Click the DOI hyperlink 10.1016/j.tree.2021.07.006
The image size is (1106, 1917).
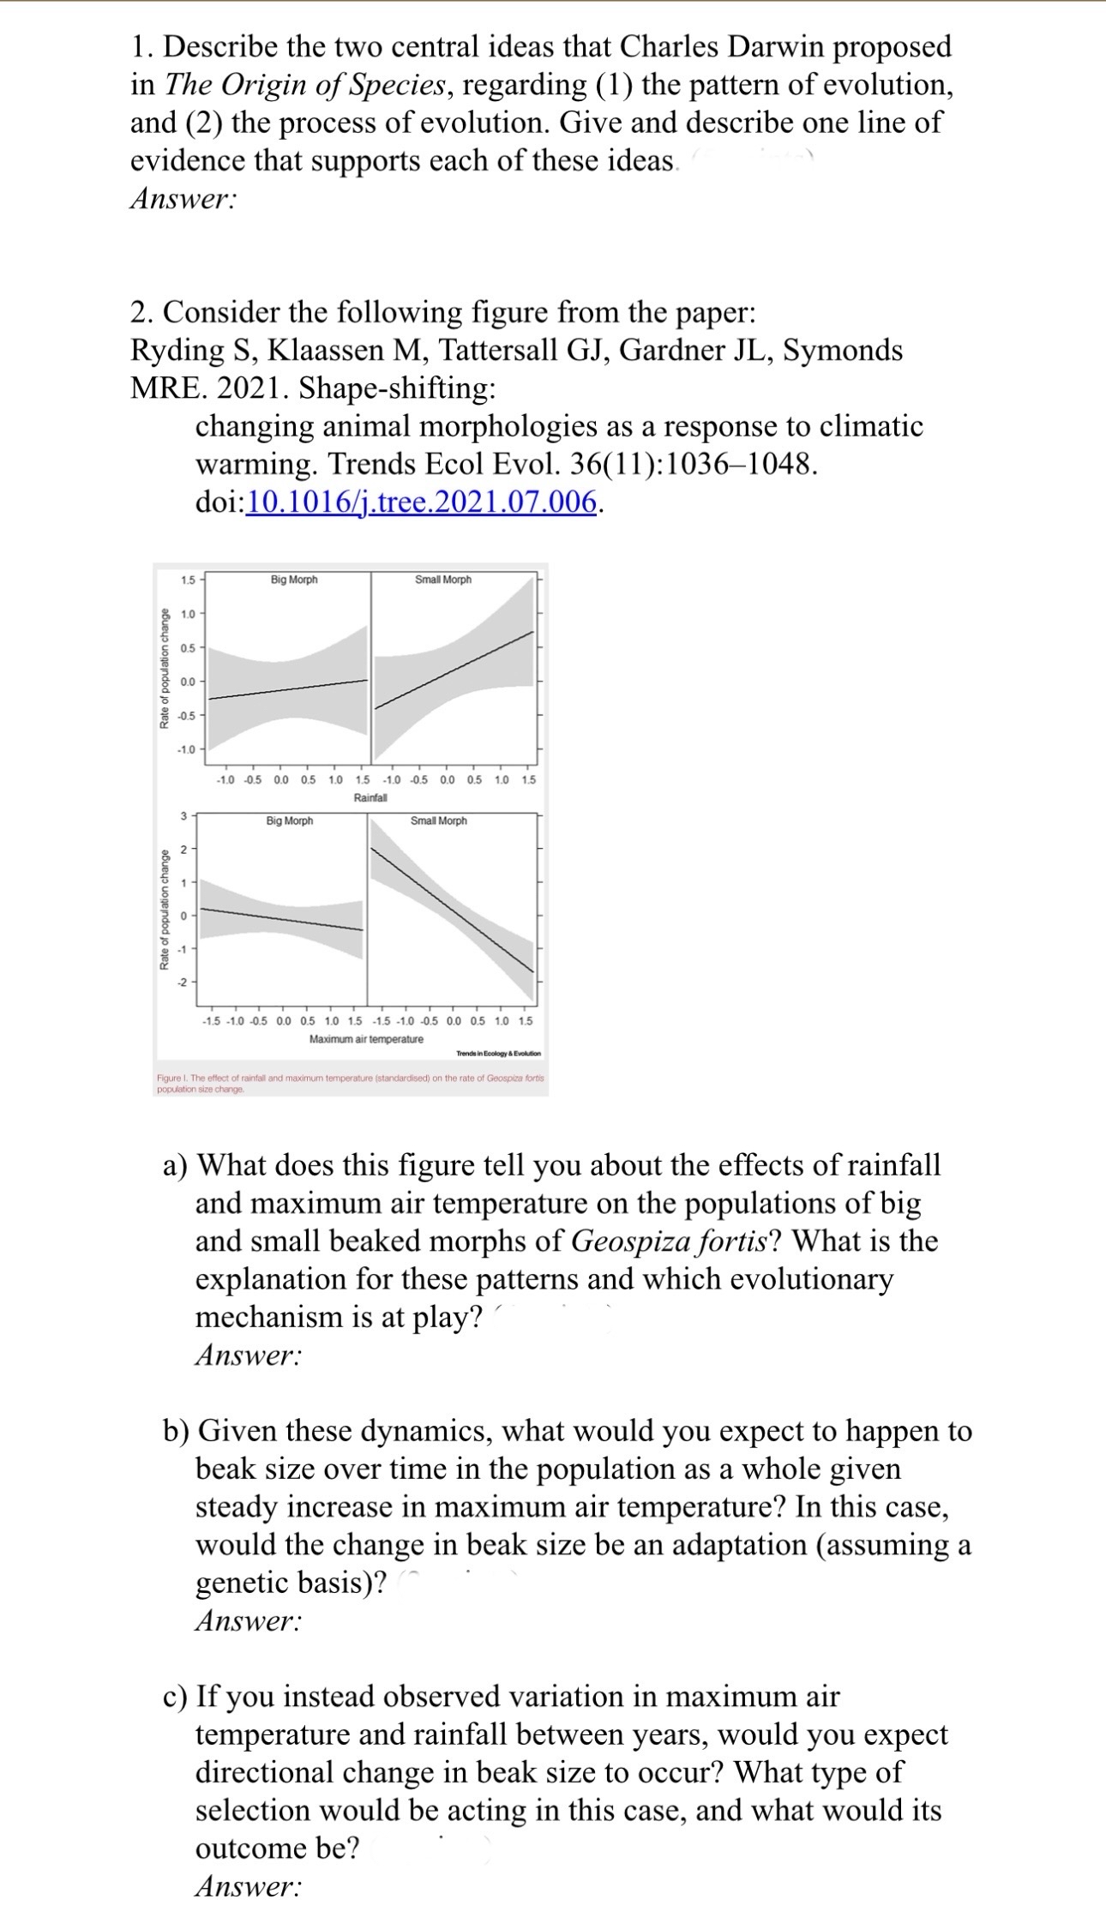pos(421,502)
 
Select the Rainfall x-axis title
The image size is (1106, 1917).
pos(370,797)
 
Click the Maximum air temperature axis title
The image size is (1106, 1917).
pos(366,1039)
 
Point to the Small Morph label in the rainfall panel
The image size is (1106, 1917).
pos(442,580)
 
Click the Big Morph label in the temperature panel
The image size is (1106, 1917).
pos(289,821)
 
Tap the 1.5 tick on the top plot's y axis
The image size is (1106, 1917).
pos(188,580)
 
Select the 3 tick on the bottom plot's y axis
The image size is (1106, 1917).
pos(183,814)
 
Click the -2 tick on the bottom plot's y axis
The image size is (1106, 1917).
pos(181,983)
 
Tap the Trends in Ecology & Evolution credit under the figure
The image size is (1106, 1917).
pos(498,1053)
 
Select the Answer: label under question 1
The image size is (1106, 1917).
pos(183,199)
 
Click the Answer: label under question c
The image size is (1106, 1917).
pos(248,1886)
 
